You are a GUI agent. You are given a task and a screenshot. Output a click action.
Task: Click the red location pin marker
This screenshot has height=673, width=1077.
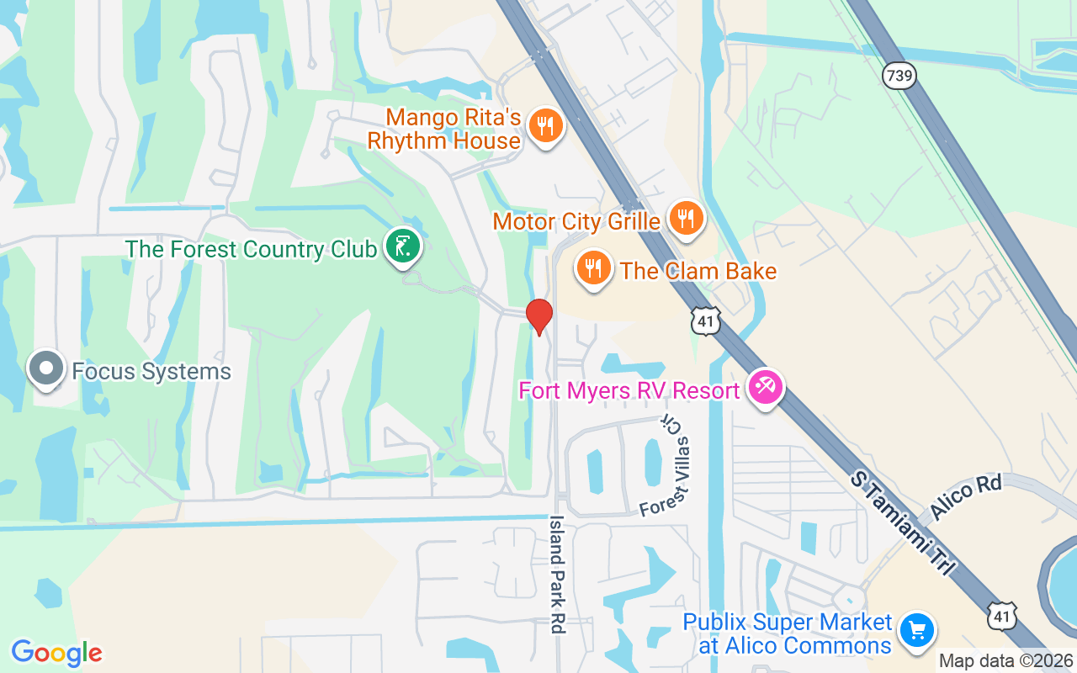(538, 316)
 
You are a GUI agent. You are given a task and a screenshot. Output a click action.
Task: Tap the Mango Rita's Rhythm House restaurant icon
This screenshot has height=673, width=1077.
(545, 127)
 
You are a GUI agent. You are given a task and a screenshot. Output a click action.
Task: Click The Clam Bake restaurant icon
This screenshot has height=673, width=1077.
(594, 268)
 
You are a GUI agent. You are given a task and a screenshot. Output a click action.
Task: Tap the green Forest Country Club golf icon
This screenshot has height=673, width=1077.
(403, 246)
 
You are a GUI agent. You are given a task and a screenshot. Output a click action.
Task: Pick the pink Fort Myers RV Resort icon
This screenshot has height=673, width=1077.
(765, 388)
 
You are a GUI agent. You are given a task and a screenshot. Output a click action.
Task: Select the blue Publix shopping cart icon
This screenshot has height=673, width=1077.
(916, 630)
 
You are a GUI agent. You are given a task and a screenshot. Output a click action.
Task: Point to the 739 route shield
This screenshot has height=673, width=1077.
(899, 77)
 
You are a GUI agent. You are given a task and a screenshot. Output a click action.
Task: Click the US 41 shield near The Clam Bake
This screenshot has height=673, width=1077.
(706, 321)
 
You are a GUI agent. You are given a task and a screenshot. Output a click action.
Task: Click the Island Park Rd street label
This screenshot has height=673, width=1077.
(558, 574)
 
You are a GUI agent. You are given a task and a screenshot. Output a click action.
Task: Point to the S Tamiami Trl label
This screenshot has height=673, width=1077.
(902, 522)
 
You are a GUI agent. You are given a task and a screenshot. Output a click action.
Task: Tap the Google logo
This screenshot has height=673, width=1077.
(56, 652)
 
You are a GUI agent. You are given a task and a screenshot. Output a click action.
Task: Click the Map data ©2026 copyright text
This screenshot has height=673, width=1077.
(1006, 661)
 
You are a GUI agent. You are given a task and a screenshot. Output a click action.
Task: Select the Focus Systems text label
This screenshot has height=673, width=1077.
(151, 371)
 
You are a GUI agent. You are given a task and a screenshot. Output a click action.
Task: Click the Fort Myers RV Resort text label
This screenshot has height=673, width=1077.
(629, 390)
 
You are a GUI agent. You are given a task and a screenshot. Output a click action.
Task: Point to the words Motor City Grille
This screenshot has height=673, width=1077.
(576, 222)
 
